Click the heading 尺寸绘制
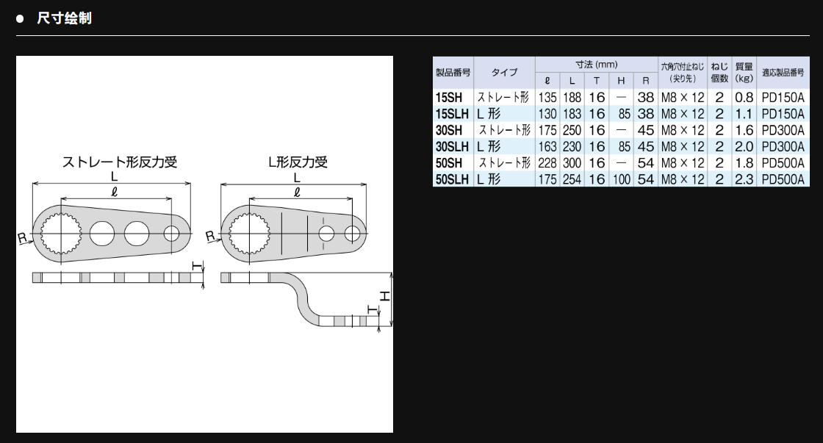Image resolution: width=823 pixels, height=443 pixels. point(64,18)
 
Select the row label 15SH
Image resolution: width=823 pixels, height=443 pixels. point(449,98)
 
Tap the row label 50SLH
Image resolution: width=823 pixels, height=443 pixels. point(452,179)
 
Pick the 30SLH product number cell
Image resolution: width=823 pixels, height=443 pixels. point(452,146)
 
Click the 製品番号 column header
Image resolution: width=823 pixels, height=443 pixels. point(453,73)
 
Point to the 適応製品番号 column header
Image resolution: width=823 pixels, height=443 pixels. point(783,73)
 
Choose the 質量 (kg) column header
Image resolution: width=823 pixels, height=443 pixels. point(744,73)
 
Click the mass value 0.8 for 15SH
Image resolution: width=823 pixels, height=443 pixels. point(744,98)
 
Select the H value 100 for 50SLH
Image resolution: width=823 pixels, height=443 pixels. point(622,179)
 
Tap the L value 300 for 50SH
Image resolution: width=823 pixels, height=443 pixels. point(572,162)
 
